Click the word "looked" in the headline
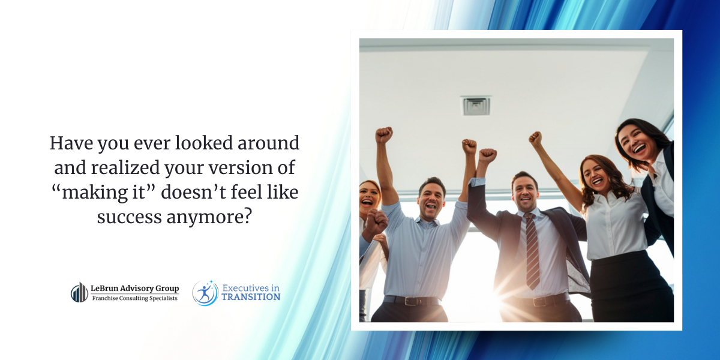[x=198, y=143]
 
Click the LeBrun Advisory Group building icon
[x=79, y=292]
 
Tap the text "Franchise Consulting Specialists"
[x=134, y=298]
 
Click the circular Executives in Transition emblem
[x=205, y=293]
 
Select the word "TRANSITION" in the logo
[x=251, y=297]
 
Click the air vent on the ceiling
[x=476, y=106]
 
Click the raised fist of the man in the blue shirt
[x=384, y=134]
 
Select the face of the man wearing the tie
[x=525, y=192]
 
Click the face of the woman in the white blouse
[x=596, y=175]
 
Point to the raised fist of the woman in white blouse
[x=535, y=139]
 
